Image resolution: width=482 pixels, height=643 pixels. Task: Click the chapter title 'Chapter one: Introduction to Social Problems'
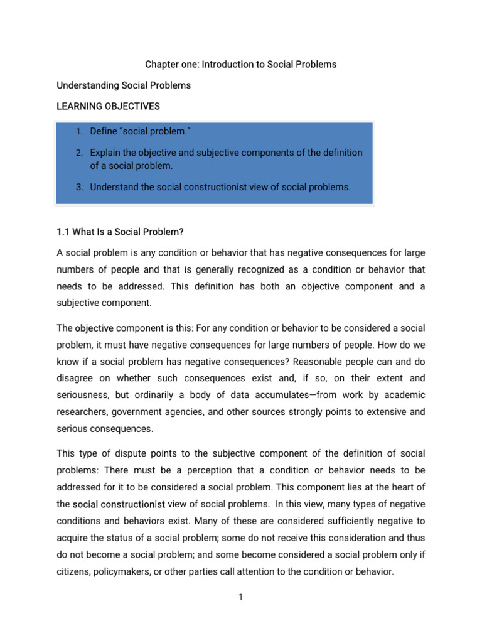[x=241, y=64]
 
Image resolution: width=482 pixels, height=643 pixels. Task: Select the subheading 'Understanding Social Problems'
[x=124, y=85]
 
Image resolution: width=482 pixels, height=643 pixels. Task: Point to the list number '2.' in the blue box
[x=79, y=153]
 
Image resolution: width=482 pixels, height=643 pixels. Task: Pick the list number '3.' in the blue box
[x=79, y=186]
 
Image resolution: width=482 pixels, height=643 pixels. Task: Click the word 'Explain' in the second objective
[x=106, y=153]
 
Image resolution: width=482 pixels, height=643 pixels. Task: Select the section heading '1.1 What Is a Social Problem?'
[x=120, y=232]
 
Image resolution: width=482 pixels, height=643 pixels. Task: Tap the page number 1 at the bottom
[x=240, y=597]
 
